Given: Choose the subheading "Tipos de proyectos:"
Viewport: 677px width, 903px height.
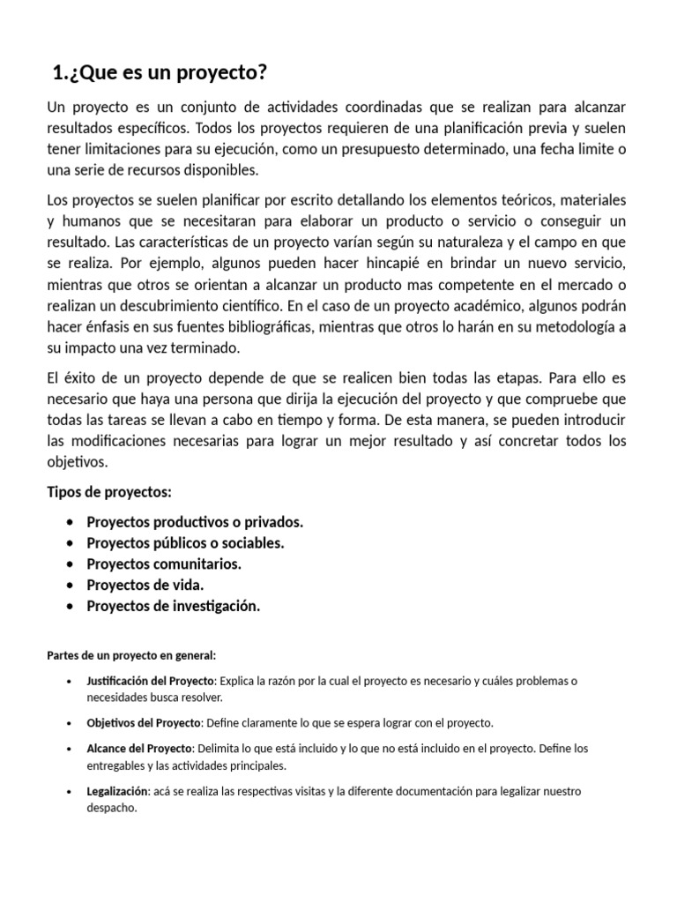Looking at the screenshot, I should [x=109, y=491].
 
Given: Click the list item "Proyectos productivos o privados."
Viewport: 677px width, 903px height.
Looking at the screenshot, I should [x=194, y=522].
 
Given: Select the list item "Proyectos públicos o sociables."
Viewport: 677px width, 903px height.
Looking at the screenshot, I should [x=185, y=542].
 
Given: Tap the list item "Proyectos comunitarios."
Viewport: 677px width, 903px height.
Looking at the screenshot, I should [x=163, y=563].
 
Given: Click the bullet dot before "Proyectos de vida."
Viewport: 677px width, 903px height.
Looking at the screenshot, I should [x=70, y=585].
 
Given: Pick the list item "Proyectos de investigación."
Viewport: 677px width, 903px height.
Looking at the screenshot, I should [x=174, y=606].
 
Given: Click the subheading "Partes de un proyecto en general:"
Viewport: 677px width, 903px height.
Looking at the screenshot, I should [x=130, y=655].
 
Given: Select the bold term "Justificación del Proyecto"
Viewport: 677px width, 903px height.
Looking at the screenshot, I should [x=150, y=682].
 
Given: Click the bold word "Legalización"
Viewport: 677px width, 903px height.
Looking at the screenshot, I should [x=117, y=791].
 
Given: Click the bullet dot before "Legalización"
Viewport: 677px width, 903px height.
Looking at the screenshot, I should [x=70, y=791].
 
